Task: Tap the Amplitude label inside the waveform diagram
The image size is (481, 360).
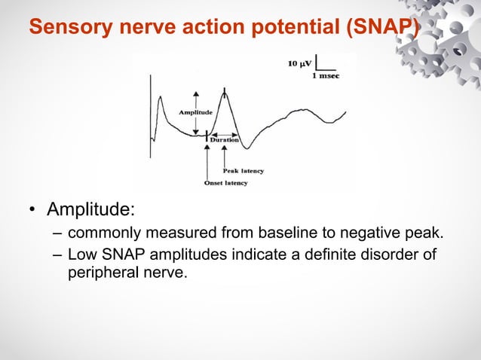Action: pos(195,111)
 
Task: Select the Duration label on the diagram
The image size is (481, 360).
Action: pos(224,140)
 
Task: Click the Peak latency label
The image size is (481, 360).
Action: pos(242,172)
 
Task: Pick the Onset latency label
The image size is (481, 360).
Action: pos(225,183)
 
